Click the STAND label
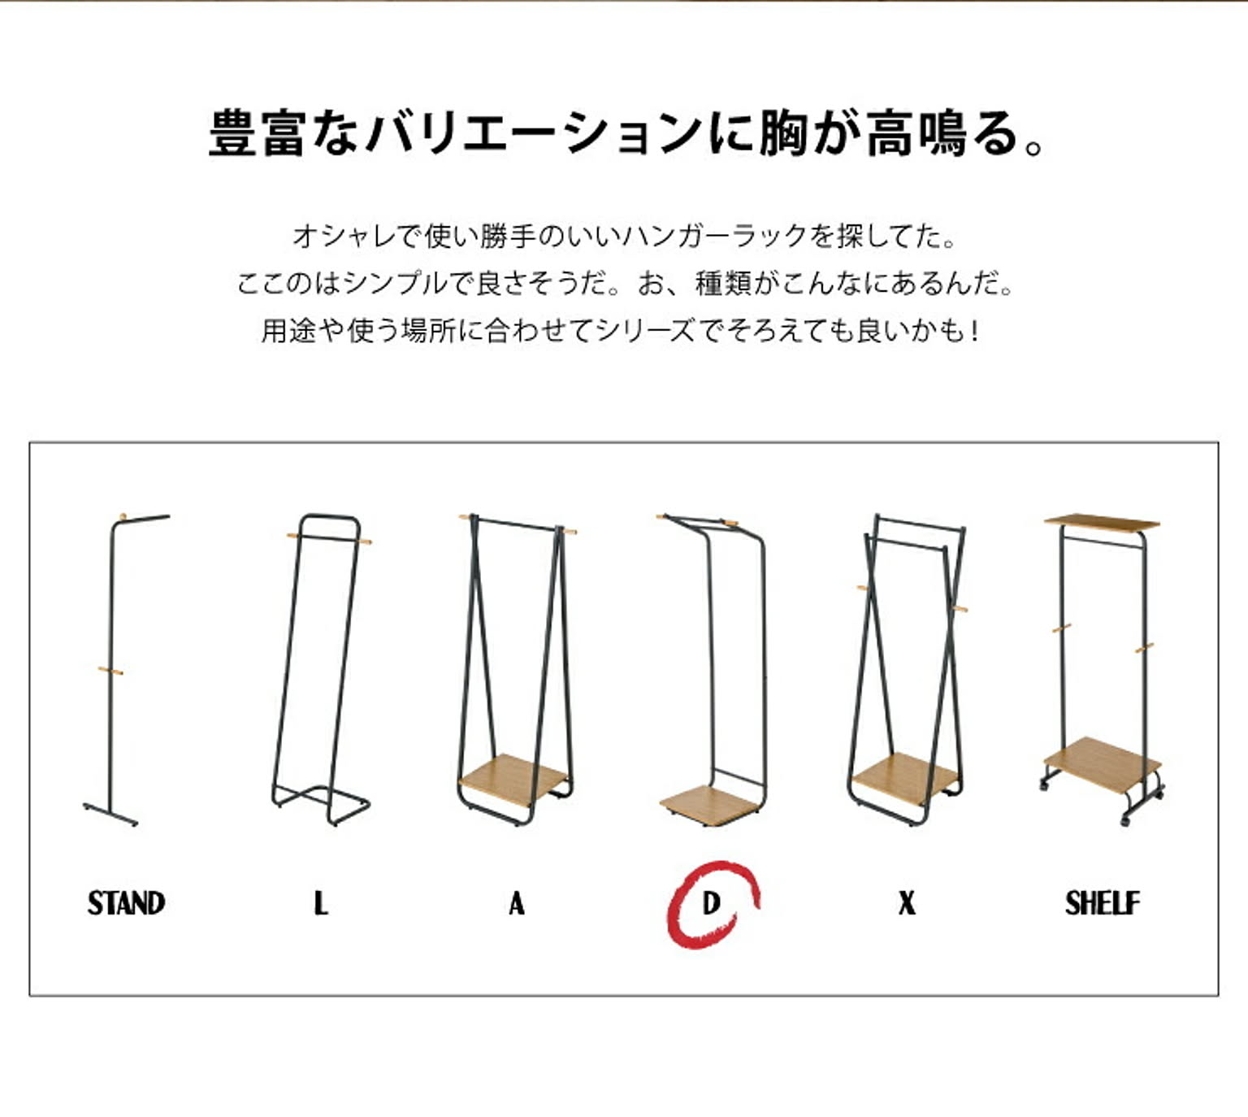(x=126, y=904)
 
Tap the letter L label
(x=321, y=904)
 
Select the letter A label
(x=517, y=904)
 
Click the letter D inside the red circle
(x=711, y=904)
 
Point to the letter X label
(x=907, y=904)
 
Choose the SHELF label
(x=1103, y=904)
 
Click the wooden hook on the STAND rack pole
(x=110, y=671)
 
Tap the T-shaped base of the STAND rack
(x=110, y=814)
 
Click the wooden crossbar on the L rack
(x=329, y=539)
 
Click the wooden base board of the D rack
(x=709, y=806)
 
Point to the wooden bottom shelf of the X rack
(x=904, y=779)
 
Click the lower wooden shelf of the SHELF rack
(x=1102, y=764)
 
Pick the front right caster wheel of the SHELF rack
(x=1124, y=820)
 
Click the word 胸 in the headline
(x=783, y=133)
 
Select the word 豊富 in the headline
(x=258, y=133)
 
